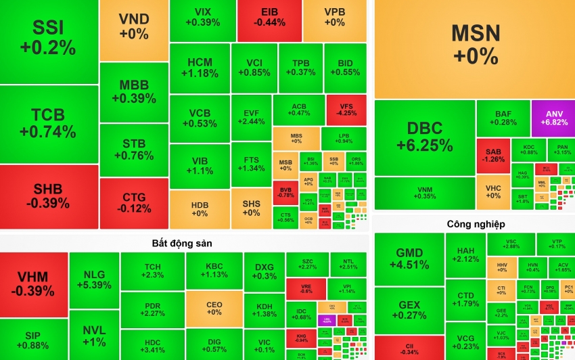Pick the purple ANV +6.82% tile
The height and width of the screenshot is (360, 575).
coord(552,118)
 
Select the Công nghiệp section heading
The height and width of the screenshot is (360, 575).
coord(476,223)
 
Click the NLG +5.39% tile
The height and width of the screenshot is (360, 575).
coord(94,279)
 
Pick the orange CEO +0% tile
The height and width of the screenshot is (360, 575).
coord(214,309)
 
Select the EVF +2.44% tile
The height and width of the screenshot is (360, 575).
coord(251,116)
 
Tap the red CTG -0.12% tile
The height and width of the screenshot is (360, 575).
coord(133,202)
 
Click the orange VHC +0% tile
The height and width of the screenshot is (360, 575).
coord(493,192)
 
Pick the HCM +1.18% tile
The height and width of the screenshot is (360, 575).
coord(200,68)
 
